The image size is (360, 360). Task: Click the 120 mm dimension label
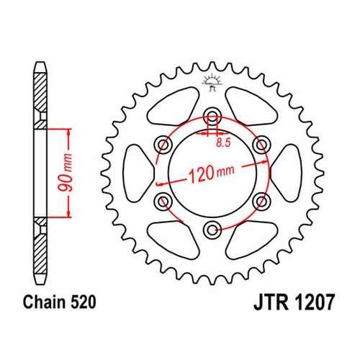click(212, 172)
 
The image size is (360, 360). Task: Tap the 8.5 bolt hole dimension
click(223, 143)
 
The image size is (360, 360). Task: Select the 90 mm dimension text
click(66, 173)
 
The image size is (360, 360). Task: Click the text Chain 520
click(60, 302)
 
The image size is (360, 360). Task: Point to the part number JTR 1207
click(294, 302)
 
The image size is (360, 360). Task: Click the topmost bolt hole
click(212, 117)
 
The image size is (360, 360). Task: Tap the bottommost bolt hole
click(212, 230)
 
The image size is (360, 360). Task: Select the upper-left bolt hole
click(163, 145)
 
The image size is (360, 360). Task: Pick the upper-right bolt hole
click(261, 145)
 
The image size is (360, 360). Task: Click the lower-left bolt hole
click(163, 201)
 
